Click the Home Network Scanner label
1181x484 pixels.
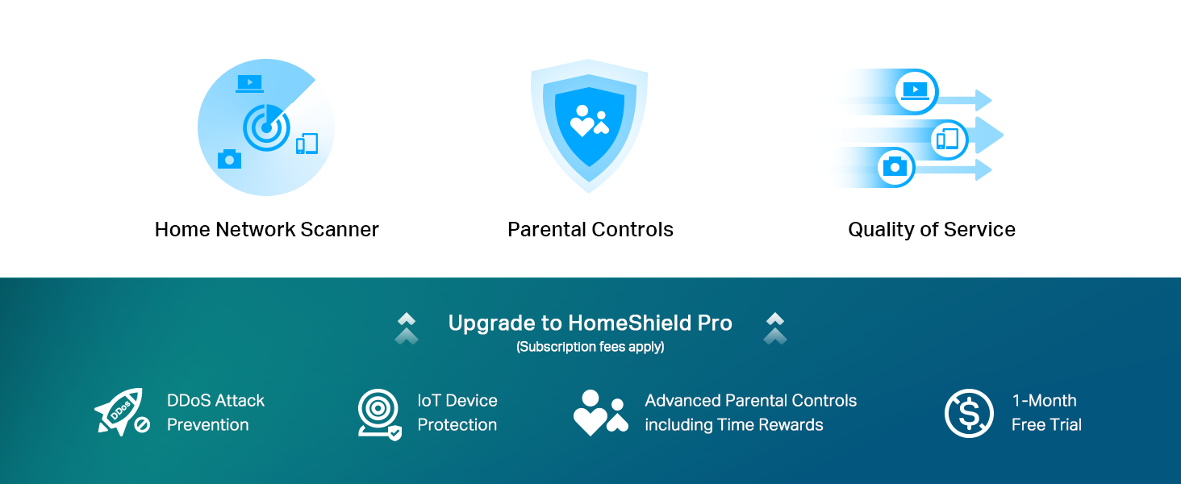click(266, 230)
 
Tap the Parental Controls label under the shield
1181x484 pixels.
click(590, 230)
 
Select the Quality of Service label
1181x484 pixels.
click(931, 230)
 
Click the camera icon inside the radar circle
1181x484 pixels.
click(229, 159)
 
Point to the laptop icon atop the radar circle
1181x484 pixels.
click(249, 83)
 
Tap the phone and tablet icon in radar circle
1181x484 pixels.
click(307, 144)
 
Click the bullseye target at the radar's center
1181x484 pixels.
click(266, 127)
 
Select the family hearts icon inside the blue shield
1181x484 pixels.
click(589, 121)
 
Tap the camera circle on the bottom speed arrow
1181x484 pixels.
click(895, 167)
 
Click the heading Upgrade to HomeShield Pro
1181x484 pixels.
click(590, 323)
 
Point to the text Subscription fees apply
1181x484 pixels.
click(590, 348)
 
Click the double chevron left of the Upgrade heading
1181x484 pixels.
click(407, 328)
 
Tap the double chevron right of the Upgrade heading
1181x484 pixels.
click(774, 328)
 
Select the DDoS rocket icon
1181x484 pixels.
click(121, 412)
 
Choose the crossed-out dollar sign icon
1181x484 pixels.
click(968, 413)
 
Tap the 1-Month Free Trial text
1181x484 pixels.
click(1045, 413)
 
